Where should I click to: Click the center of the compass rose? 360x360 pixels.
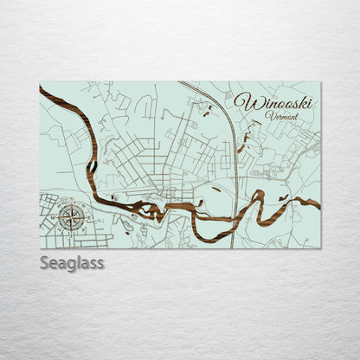pyautogui.click(x=73, y=217)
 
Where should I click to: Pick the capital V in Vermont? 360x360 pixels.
pyautogui.click(x=269, y=116)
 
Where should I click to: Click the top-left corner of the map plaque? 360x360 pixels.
pyautogui.click(x=40, y=82)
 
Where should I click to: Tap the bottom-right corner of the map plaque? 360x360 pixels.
pyautogui.click(x=320, y=248)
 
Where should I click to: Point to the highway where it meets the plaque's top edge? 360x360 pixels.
pyautogui.click(x=181, y=83)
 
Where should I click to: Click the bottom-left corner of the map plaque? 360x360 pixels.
pyautogui.click(x=40, y=248)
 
